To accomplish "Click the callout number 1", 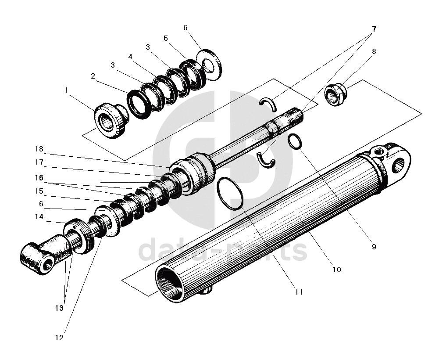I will point(66,90).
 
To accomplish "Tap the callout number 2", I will point(93,76).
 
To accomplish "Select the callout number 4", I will point(130,57).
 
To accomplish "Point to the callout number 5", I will point(165,38).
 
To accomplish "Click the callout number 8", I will point(374,51).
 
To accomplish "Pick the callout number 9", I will point(374,247).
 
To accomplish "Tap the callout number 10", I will point(336,270).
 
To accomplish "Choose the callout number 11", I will point(299,292).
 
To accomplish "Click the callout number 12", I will point(59,338).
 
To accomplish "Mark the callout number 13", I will point(59,308).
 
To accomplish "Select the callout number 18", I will point(39,148).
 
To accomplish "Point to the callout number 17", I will point(39,162).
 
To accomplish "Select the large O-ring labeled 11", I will point(229,193).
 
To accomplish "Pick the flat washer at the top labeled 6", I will point(209,63).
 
